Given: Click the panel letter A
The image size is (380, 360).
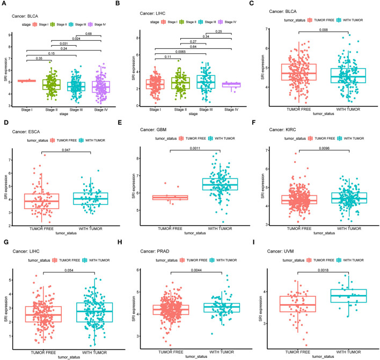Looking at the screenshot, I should pyautogui.click(x=4, y=4).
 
